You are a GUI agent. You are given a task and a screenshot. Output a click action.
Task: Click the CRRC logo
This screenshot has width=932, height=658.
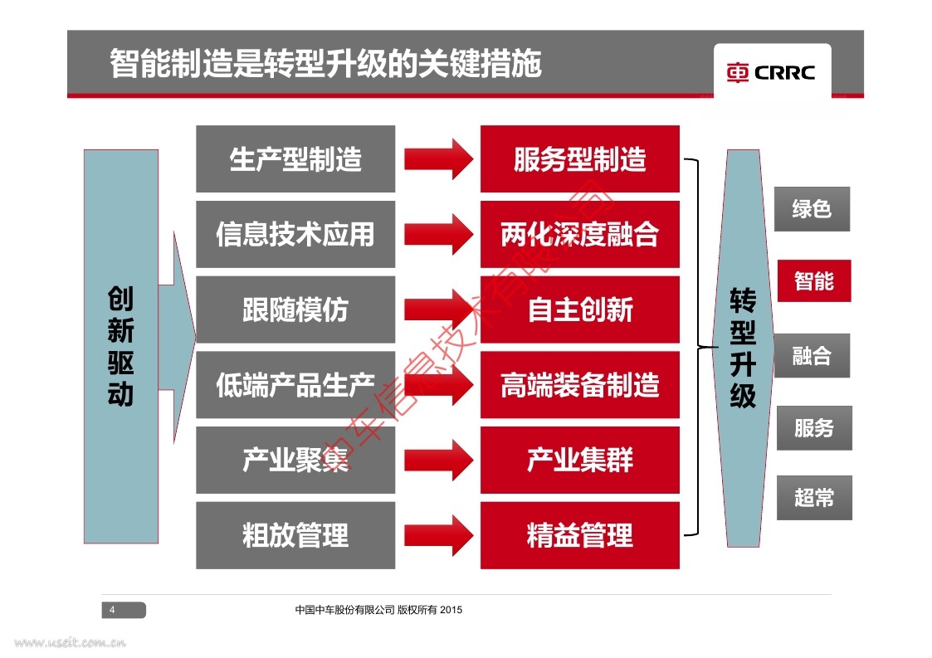click(x=772, y=72)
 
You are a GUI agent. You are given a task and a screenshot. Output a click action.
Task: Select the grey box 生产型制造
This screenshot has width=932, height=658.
click(x=295, y=159)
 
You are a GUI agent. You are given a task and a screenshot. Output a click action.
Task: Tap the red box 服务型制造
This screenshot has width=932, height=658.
click(x=579, y=159)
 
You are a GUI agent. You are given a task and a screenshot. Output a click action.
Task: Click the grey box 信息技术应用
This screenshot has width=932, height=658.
click(x=295, y=234)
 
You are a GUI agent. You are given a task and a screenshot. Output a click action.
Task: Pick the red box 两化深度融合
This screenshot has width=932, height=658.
click(x=579, y=234)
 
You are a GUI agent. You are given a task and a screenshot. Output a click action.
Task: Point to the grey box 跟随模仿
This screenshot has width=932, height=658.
click(x=295, y=310)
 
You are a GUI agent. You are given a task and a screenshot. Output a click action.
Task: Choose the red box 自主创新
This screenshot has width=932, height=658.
click(x=579, y=310)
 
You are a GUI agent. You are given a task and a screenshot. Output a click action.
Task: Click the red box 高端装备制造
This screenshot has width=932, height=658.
click(x=579, y=385)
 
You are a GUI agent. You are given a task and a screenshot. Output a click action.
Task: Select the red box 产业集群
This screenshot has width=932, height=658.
click(x=579, y=460)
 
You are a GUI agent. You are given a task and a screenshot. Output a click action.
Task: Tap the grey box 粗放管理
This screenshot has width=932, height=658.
click(x=295, y=535)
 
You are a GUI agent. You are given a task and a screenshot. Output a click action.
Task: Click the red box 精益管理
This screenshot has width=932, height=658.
click(x=579, y=535)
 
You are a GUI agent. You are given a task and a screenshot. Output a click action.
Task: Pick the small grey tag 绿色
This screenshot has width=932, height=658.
click(x=812, y=208)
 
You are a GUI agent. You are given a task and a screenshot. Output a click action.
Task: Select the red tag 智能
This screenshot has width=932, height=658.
click(x=813, y=281)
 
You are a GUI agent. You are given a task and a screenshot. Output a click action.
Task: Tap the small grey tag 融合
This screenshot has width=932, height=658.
click(x=812, y=356)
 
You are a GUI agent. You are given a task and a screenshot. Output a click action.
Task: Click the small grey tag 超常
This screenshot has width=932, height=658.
click(x=813, y=498)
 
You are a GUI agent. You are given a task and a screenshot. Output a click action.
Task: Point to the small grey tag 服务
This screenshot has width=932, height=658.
click(x=813, y=428)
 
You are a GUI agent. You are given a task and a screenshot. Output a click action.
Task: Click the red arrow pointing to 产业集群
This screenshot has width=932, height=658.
click(x=439, y=460)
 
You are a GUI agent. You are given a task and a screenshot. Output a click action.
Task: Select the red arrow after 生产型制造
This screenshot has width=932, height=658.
click(x=439, y=159)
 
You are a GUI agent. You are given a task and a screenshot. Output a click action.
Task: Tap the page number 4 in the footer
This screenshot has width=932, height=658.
click(x=113, y=611)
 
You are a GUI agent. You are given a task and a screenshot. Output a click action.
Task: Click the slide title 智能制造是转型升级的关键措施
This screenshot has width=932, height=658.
click(x=325, y=64)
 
